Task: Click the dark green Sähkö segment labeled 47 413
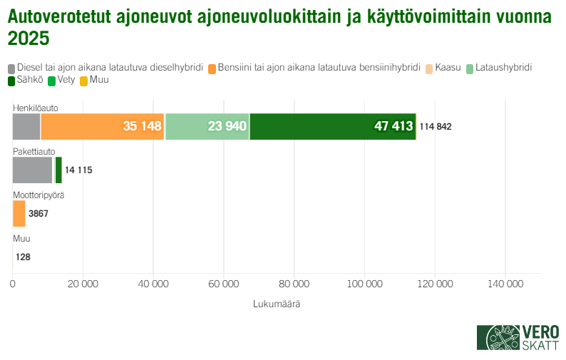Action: click(x=333, y=126)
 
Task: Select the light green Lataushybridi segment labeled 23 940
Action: click(x=207, y=126)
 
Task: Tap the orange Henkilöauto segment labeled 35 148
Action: click(x=103, y=126)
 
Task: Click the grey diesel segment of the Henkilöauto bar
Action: click(x=26, y=126)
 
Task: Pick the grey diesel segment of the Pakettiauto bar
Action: click(x=33, y=170)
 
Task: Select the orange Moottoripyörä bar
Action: click(x=19, y=213)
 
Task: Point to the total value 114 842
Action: click(x=436, y=127)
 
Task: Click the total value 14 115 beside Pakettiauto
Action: click(x=78, y=170)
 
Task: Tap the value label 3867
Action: click(x=38, y=214)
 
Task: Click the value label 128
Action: click(x=23, y=257)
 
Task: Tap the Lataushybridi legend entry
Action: click(x=499, y=67)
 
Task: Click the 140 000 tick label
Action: click(x=505, y=284)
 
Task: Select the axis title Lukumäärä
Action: click(x=277, y=304)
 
